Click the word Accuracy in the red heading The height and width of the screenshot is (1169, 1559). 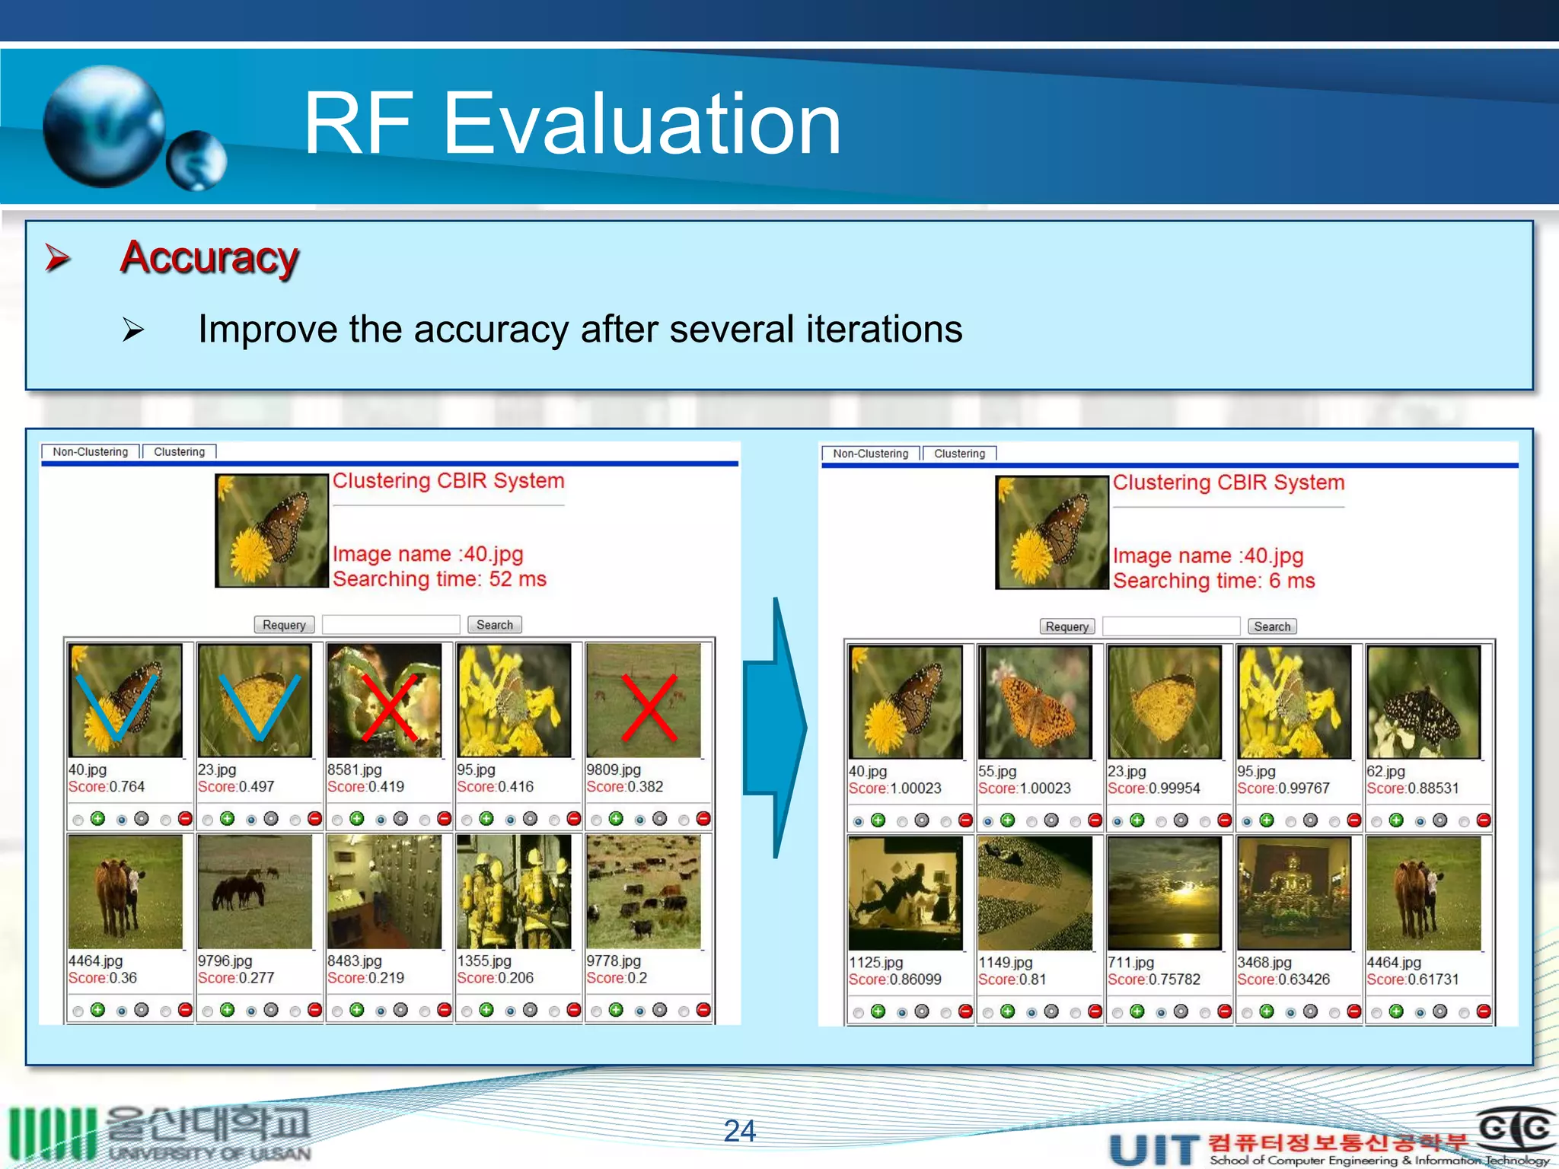pos(209,257)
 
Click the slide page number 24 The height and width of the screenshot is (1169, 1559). pos(739,1130)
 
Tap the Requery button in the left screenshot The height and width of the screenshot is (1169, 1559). pos(284,625)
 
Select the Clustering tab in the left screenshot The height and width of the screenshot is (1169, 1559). pos(180,451)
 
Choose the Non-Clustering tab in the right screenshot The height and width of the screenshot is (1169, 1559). pos(870,454)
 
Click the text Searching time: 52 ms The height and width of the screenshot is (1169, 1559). pos(439,579)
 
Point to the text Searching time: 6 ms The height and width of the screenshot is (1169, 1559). pos(1213,581)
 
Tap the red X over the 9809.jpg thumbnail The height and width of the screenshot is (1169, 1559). pos(649,707)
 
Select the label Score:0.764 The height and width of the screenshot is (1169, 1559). pos(107,787)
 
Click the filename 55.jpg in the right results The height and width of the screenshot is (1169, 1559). pos(997,771)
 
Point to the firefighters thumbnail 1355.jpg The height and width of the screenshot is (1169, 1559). pos(514,891)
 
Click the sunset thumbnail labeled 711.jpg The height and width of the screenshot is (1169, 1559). pos(1164,893)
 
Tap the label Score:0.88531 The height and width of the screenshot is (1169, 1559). pos(1412,788)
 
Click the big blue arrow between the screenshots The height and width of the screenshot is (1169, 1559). pos(776,727)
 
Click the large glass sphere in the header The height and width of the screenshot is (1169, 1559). pos(104,126)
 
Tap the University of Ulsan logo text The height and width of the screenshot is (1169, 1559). pos(209,1134)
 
